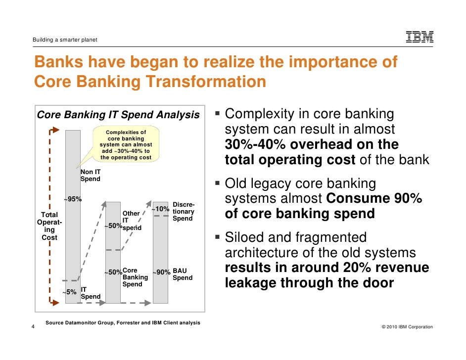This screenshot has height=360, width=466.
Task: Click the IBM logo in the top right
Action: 419,37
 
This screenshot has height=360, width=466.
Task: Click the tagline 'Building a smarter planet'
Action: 65,40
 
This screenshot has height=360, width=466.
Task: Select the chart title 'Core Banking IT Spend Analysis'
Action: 118,115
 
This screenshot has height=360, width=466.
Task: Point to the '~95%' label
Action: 72,199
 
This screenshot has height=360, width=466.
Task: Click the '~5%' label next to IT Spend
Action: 69,292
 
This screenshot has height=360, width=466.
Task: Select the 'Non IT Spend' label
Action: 91,175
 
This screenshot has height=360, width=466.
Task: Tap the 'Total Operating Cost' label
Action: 49,226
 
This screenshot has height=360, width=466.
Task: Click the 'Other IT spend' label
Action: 132,221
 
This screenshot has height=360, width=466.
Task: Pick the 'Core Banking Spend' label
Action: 133,277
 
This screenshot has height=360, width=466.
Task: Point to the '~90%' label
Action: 161,272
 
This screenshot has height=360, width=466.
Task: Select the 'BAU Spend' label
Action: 183,274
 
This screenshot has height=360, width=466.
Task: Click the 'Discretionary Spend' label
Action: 184,212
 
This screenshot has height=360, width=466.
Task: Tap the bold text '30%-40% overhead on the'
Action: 312,145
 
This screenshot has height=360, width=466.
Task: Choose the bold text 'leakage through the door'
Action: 309,283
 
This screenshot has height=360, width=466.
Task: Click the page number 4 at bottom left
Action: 33,326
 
